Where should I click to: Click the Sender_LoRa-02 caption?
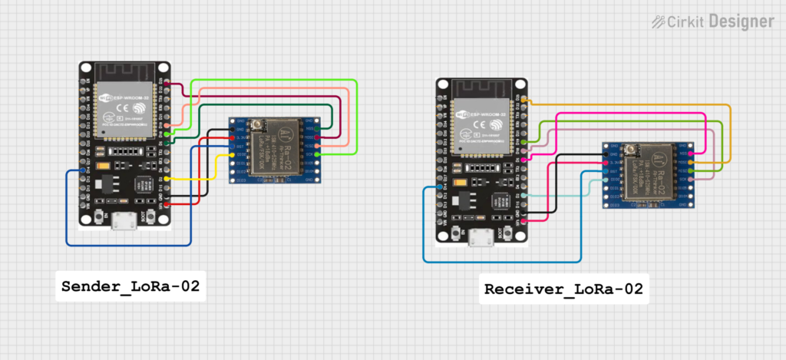coord(130,287)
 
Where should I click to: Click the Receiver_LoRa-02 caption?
coord(563,289)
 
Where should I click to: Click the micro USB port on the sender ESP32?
coord(124,222)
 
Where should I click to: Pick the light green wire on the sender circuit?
coord(357,115)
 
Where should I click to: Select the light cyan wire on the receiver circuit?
coord(568,195)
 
